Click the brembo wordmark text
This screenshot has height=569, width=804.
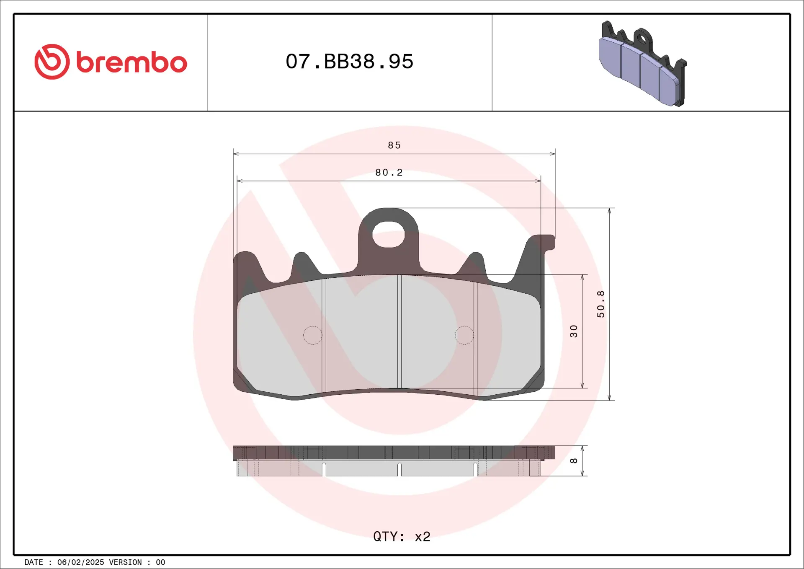pos(131,62)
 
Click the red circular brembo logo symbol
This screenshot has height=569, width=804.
pos(52,62)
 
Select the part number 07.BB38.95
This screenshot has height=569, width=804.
pos(349,62)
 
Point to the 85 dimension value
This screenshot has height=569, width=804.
pos(394,145)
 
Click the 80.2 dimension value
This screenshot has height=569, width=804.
pos(389,173)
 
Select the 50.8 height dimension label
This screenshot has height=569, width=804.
pos(600,304)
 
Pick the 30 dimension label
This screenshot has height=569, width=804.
pos(574,331)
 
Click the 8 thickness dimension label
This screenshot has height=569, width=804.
pos(574,461)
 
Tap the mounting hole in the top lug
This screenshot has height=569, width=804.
pos(388,234)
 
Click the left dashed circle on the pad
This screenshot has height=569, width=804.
pos(312,335)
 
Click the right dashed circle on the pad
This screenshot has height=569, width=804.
pos(464,335)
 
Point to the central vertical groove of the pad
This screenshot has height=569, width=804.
pos(399,331)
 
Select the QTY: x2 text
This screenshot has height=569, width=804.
pos(402,536)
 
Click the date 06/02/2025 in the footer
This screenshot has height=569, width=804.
pos(80,562)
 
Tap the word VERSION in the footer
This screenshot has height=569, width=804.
pos(125,562)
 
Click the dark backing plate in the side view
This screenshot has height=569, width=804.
pos(394,453)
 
